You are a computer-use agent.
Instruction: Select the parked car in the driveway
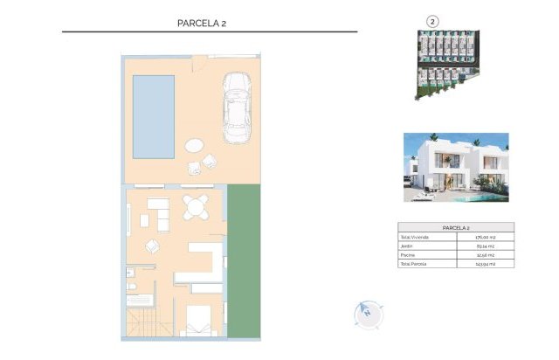(x=237, y=108)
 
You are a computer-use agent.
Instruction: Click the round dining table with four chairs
(x=193, y=209)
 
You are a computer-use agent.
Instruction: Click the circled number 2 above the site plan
(x=431, y=21)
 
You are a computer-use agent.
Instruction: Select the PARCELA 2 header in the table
(x=455, y=227)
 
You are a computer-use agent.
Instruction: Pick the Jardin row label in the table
(x=407, y=246)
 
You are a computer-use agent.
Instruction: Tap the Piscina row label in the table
(x=408, y=254)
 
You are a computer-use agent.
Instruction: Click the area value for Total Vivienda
(x=485, y=237)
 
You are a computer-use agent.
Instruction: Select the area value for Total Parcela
(x=485, y=263)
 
